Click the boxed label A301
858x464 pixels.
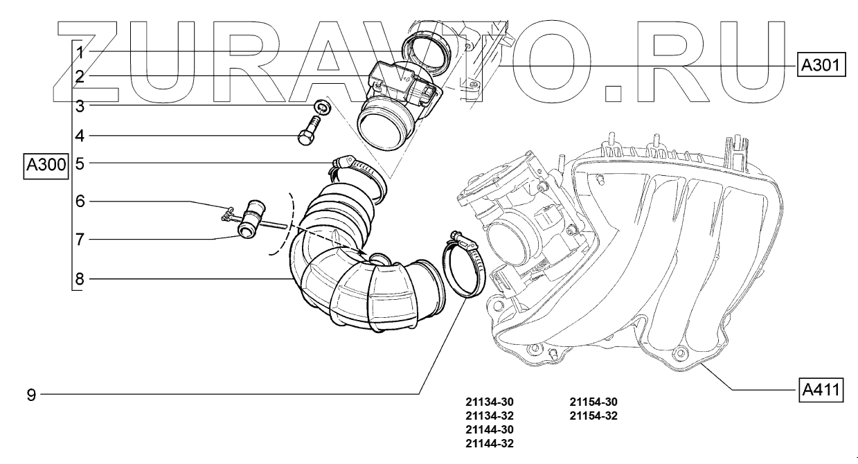(x=820, y=65)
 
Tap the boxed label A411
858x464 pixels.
(x=821, y=389)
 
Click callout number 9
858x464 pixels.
(x=31, y=395)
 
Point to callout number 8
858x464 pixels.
(x=80, y=280)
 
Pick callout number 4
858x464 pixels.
(x=80, y=136)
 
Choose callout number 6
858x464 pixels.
(x=80, y=202)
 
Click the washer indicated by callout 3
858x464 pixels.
(x=321, y=107)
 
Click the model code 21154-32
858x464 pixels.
(x=593, y=416)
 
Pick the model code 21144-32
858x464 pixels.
(x=490, y=443)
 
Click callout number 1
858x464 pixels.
(x=80, y=53)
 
